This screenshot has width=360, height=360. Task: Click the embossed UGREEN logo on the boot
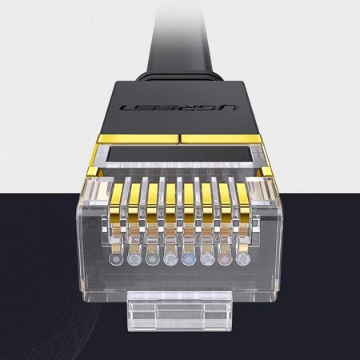[x=180, y=108]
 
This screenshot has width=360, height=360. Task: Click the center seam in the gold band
[x=180, y=139]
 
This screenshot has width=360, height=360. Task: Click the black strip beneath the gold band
[x=180, y=155]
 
